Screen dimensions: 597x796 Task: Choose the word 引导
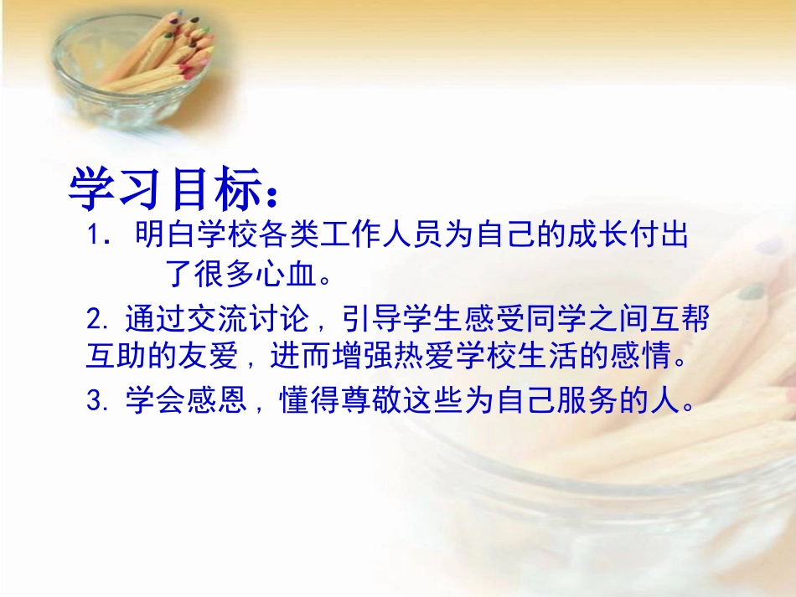point(349,320)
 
